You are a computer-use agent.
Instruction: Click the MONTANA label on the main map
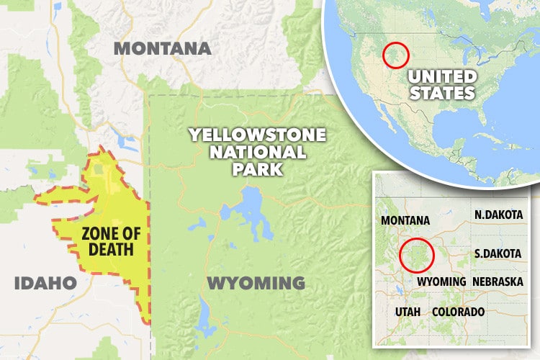[163, 49]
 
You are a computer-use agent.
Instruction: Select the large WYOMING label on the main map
[256, 282]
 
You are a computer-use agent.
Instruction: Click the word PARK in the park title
[257, 170]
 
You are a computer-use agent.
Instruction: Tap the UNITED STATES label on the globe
[441, 84]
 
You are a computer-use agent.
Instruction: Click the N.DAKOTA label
[498, 215]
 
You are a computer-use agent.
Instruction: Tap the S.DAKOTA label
[498, 253]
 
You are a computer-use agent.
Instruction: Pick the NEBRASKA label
[498, 281]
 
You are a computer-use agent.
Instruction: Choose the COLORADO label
[458, 312]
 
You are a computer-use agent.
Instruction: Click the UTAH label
[409, 312]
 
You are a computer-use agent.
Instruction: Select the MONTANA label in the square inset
[405, 220]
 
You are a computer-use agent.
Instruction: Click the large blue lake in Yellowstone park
[249, 209]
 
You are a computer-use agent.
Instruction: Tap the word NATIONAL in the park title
[257, 153]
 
